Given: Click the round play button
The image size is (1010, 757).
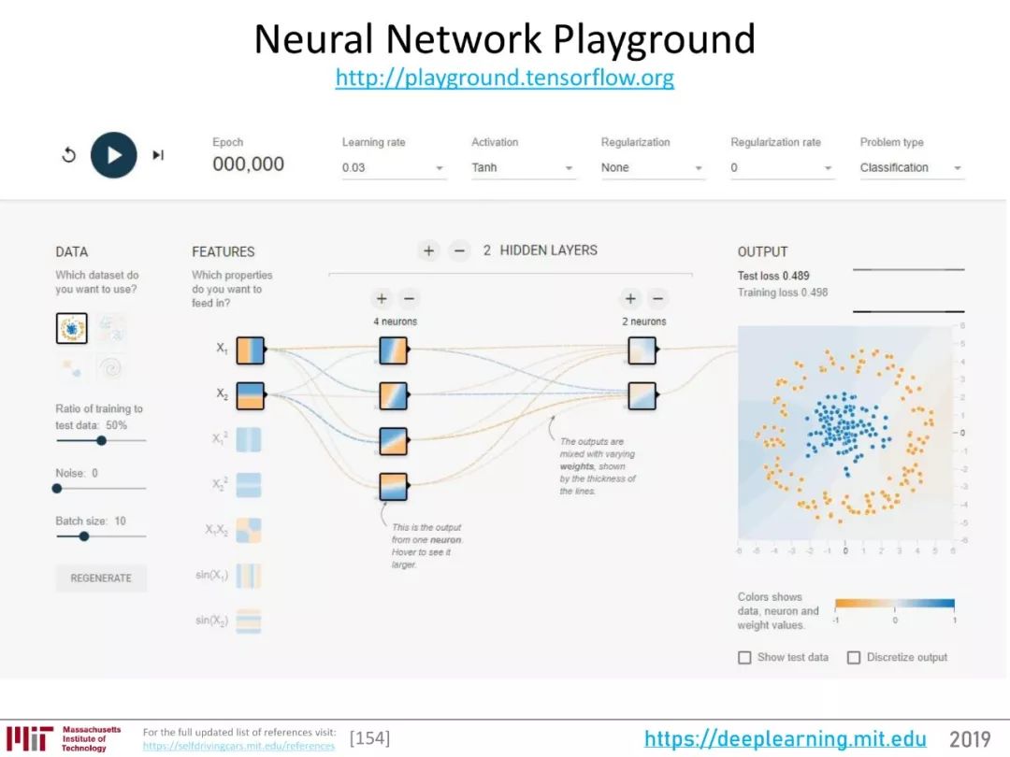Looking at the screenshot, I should tap(114, 155).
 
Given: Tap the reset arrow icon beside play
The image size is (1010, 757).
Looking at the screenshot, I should tap(68, 155).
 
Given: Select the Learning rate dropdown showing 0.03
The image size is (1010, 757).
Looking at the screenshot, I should tap(393, 168).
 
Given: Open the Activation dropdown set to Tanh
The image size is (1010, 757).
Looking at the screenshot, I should tap(522, 168).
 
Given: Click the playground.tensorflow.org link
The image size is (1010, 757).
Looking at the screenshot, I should tap(504, 78).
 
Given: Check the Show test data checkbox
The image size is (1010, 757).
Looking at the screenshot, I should tap(745, 657).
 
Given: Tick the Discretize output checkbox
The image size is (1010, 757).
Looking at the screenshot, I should tap(854, 657).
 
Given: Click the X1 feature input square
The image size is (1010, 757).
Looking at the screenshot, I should tap(250, 350).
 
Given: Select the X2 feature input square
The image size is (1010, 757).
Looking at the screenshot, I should tap(250, 395).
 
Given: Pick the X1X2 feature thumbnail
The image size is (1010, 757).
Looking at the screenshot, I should tap(250, 531).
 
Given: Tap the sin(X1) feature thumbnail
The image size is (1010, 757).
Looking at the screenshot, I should tap(250, 576).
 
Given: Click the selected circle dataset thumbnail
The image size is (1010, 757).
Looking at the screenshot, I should tap(71, 329).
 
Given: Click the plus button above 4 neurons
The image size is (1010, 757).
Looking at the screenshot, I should tap(382, 299).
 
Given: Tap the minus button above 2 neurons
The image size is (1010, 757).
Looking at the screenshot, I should tap(658, 299).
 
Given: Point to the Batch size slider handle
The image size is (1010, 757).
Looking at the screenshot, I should tap(84, 536).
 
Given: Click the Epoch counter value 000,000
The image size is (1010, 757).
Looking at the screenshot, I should tap(248, 164).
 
